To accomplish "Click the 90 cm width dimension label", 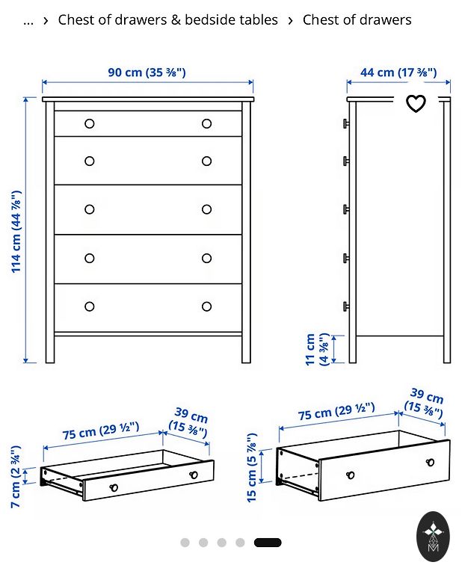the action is coord(147,72).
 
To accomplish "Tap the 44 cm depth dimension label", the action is coord(398,72).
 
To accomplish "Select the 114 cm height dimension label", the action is coord(16,232).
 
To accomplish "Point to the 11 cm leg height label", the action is coord(317,349).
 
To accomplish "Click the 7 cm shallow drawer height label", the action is coord(16,477).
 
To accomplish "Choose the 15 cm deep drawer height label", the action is coord(251,468).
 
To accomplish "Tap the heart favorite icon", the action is coord(416,103).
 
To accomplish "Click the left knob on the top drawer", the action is coord(89,124).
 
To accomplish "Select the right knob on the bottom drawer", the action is coord(206,306).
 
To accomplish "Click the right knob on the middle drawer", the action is coord(206,209).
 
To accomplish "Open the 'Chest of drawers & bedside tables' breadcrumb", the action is coord(167,19).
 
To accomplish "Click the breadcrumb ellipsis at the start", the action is coord(28,22).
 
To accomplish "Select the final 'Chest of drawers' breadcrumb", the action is coord(357,19).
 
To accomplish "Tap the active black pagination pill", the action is coord(268,543).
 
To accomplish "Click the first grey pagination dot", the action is coord(185,543).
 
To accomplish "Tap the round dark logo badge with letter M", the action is coord(433,537).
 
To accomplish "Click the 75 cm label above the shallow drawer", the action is coord(101,430).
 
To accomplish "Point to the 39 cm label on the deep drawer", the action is coord(425,403).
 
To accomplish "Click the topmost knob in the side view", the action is coord(346,123).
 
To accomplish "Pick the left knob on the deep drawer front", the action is coord(350,475).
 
